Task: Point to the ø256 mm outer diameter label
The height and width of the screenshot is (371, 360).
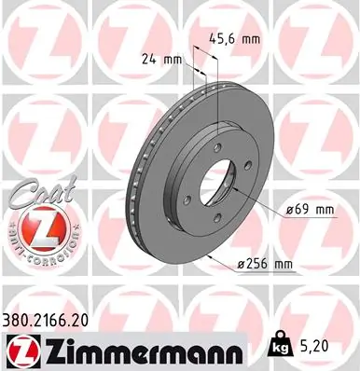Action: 267,265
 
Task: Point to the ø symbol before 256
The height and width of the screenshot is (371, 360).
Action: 242,266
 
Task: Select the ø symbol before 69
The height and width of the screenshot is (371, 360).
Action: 290,211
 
